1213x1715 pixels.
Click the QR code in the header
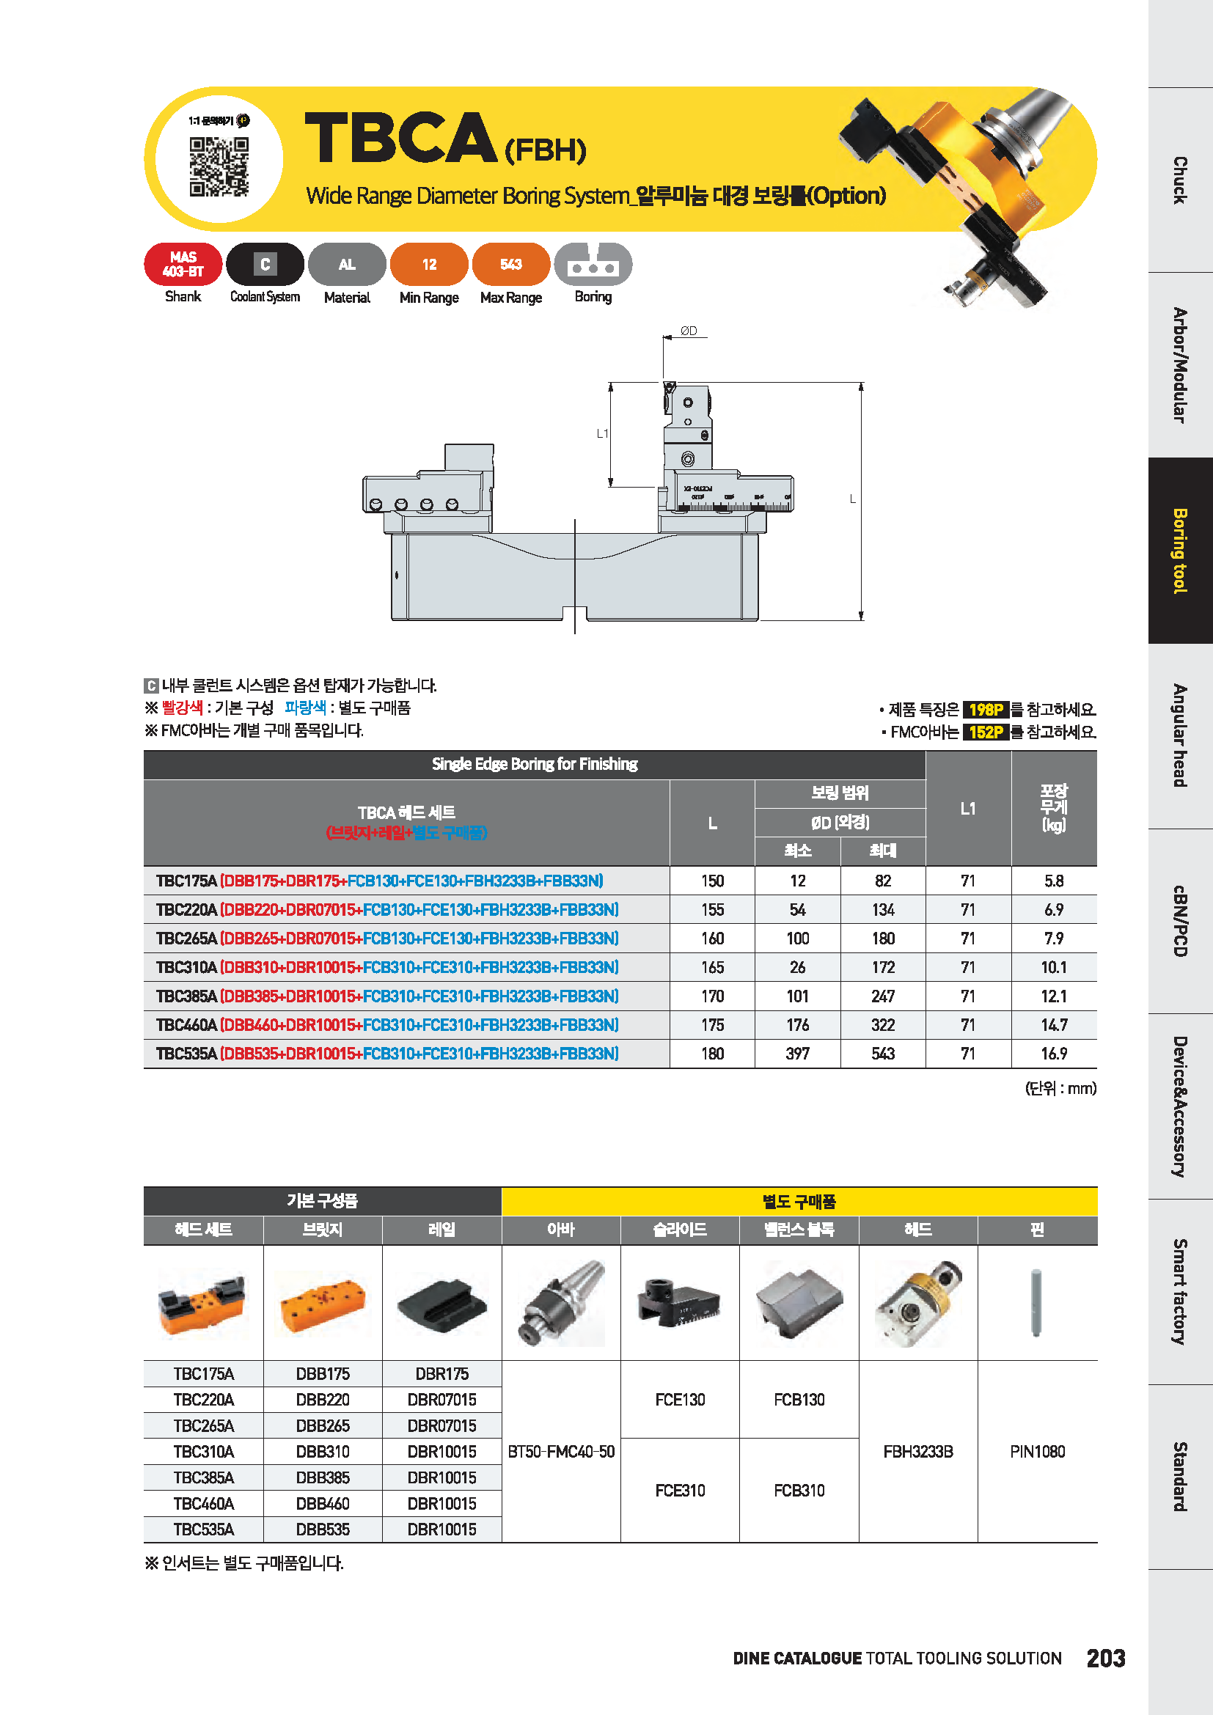point(218,166)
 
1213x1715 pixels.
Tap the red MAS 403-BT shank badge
point(183,265)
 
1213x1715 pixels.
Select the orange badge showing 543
point(511,265)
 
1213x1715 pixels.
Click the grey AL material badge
point(347,265)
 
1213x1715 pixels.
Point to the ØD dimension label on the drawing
point(689,331)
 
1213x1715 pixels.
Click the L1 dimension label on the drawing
point(602,433)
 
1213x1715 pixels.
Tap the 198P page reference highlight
point(986,710)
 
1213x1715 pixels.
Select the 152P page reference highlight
point(986,732)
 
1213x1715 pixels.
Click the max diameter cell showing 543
point(883,1053)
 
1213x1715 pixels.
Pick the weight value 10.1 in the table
point(1054,967)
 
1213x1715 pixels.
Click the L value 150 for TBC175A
point(712,881)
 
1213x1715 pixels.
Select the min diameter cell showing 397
point(798,1053)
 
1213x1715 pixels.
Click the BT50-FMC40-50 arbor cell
point(561,1451)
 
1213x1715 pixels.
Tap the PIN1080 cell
point(1038,1451)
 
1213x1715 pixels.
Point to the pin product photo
point(1037,1303)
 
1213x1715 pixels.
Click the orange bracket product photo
point(323,1304)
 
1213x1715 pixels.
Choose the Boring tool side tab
point(1180,551)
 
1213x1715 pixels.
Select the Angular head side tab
point(1180,735)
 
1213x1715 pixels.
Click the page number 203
point(1105,1659)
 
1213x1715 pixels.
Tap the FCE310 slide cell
point(680,1490)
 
